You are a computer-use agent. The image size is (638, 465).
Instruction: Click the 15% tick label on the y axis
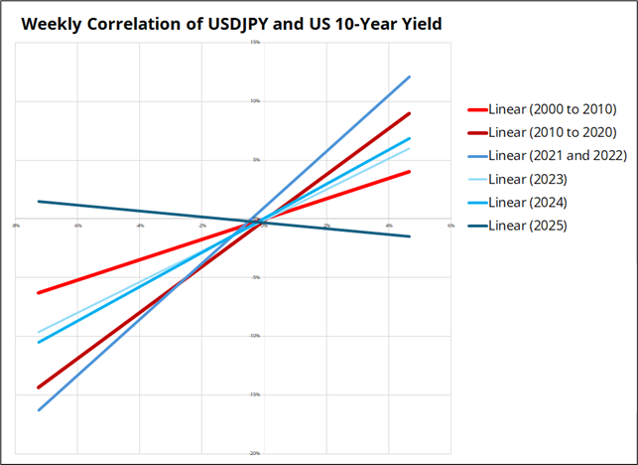(x=255, y=42)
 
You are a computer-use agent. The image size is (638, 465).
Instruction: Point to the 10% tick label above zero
(x=255, y=100)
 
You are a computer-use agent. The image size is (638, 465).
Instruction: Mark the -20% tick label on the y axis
(x=255, y=453)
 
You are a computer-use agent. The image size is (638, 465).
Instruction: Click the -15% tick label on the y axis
(x=255, y=394)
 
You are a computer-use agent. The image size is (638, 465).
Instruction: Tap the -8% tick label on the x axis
(x=16, y=226)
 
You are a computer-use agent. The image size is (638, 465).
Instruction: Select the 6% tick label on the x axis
(x=449, y=226)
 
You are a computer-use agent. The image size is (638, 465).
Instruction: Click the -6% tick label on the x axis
(x=77, y=226)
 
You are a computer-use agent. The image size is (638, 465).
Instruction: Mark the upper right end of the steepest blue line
(x=409, y=77)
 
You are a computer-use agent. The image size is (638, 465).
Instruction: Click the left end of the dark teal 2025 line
(x=39, y=202)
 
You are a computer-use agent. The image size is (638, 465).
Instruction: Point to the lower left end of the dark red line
(x=39, y=387)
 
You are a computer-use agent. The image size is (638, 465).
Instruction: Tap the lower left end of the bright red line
(x=39, y=293)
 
